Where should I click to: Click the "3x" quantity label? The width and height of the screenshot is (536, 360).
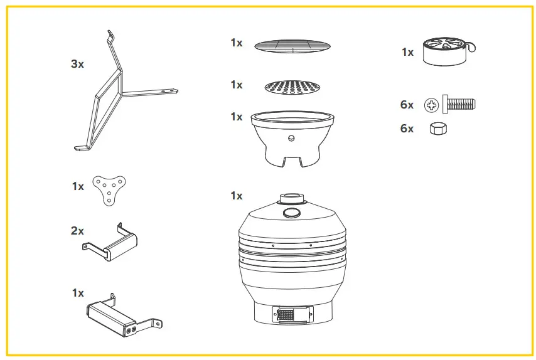[x=77, y=64]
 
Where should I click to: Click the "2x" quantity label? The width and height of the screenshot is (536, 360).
[x=77, y=231]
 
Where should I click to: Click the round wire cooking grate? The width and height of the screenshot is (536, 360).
[x=292, y=45]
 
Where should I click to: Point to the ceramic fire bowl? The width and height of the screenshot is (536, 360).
[x=292, y=138]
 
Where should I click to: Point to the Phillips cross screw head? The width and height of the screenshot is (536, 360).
[x=431, y=105]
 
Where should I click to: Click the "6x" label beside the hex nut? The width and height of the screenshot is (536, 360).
[x=407, y=129]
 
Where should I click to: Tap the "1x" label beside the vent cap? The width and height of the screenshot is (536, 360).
[x=408, y=53]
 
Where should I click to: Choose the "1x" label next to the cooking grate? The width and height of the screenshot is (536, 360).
[x=236, y=43]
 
